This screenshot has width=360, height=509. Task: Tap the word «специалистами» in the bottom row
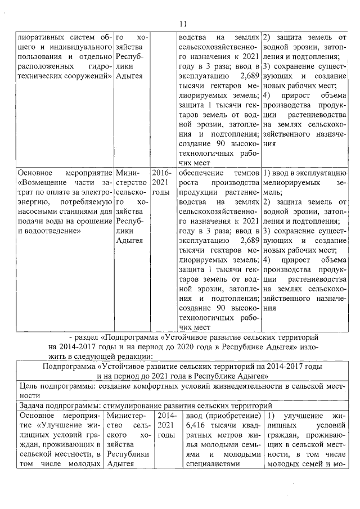point(210,465)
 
